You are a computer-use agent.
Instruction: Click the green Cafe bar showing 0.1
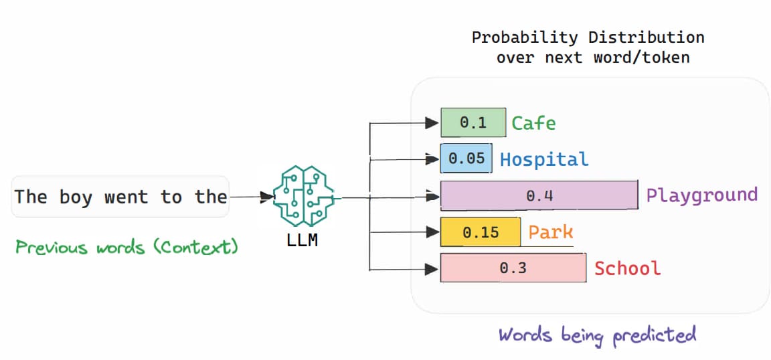click(473, 122)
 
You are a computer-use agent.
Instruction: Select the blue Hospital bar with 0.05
click(466, 159)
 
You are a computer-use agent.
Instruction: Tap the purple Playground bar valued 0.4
click(539, 195)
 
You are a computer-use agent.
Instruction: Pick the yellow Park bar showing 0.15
click(480, 232)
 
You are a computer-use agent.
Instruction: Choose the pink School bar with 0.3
click(513, 268)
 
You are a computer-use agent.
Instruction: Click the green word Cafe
click(533, 123)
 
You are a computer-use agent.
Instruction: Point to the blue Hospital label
click(544, 159)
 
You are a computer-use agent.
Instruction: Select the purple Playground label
click(701, 195)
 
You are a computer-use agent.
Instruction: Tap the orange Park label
click(551, 232)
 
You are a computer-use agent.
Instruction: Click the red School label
click(627, 268)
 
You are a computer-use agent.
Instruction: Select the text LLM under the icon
click(302, 240)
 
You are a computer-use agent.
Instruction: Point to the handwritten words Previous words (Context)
click(126, 248)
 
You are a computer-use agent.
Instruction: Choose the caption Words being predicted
click(597, 334)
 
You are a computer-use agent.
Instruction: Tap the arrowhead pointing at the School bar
click(430, 269)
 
